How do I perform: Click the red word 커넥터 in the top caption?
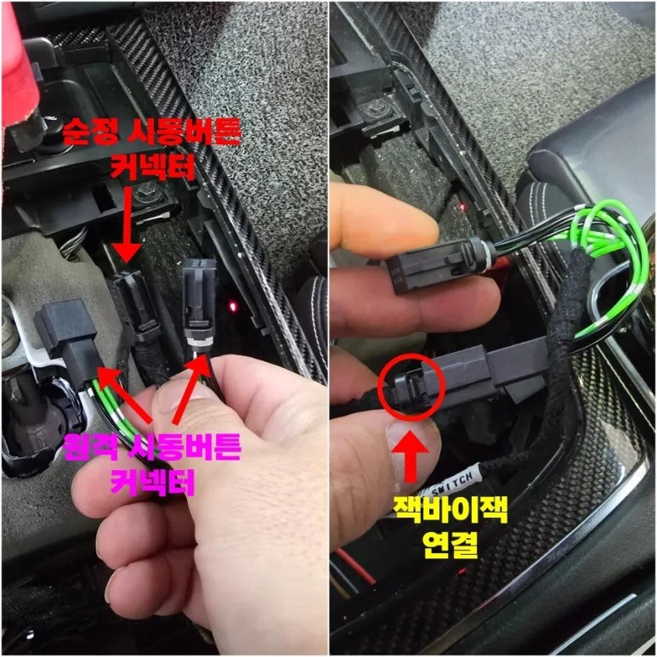click(153, 167)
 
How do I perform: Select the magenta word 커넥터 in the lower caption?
click(153, 482)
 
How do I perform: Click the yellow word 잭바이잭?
click(450, 509)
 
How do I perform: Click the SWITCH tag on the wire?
click(451, 483)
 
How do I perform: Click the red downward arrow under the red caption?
click(126, 225)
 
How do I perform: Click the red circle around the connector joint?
click(411, 386)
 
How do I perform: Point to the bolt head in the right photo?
click(374, 112)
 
